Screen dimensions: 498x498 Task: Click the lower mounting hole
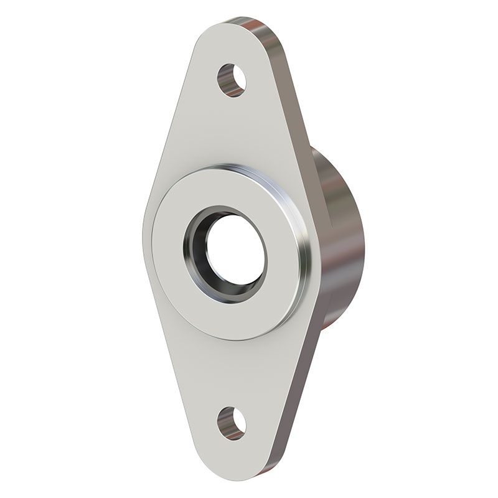[x=231, y=423]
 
